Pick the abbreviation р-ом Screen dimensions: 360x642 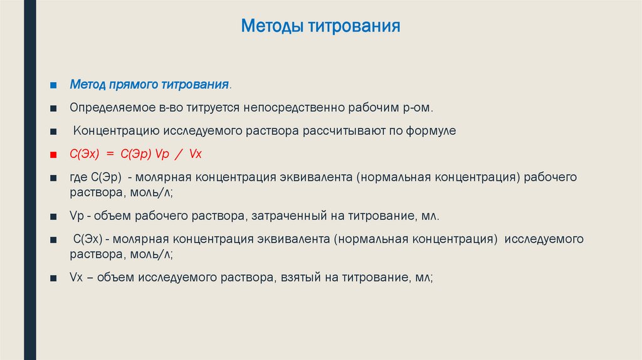point(416,107)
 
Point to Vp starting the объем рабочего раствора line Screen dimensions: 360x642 point(76,216)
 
